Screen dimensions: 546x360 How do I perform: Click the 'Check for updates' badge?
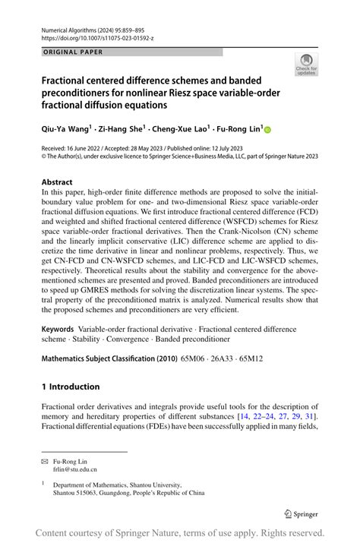coord(306,65)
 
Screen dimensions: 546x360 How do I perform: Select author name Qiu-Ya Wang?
coord(65,130)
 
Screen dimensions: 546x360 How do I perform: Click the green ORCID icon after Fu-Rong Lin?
coord(267,131)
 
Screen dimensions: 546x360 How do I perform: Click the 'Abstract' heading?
coord(57,182)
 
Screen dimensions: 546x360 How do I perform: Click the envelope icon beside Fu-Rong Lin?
coord(45,461)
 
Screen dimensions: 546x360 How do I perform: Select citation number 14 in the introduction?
coord(245,417)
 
